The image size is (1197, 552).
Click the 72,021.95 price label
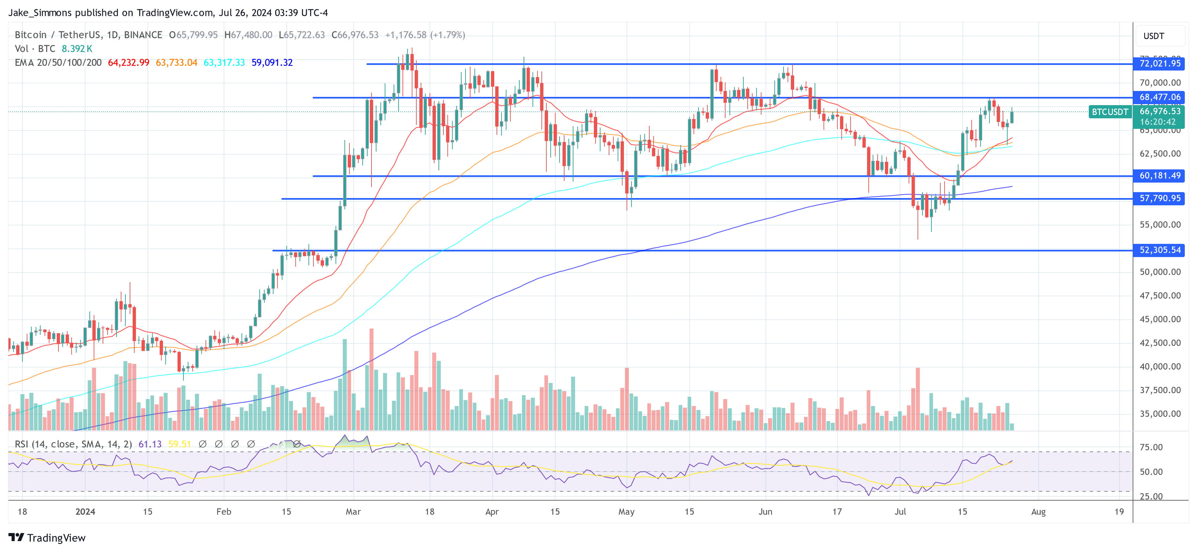click(x=1159, y=64)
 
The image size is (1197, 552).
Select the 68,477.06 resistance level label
click(x=1159, y=97)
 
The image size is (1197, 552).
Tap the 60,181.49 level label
click(x=1159, y=176)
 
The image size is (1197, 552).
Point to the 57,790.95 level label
click(x=1159, y=198)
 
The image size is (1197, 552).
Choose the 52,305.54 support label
click(x=1159, y=250)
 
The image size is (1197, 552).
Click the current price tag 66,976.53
click(x=1159, y=111)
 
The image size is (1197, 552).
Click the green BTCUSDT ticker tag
click(x=1110, y=112)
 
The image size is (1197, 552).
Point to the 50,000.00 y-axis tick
click(x=1159, y=272)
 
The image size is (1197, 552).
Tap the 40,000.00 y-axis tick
click(x=1159, y=366)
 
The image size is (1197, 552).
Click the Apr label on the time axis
click(x=492, y=511)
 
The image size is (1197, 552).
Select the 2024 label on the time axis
click(x=85, y=511)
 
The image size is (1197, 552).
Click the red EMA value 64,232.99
click(x=128, y=63)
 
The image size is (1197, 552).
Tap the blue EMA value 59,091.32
click(x=272, y=63)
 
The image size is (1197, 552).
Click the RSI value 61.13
click(x=150, y=444)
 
